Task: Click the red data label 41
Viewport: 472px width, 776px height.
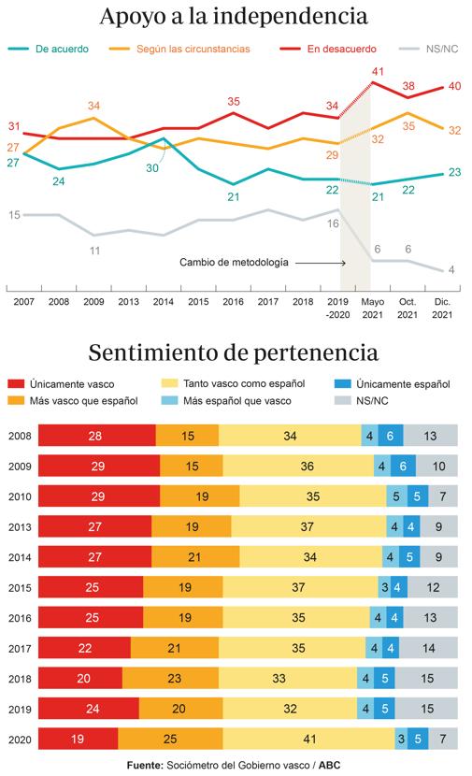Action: pyautogui.click(x=379, y=71)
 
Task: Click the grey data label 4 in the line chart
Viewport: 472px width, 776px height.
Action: pyautogui.click(x=451, y=269)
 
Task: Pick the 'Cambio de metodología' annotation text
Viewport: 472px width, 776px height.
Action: pyautogui.click(x=235, y=264)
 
